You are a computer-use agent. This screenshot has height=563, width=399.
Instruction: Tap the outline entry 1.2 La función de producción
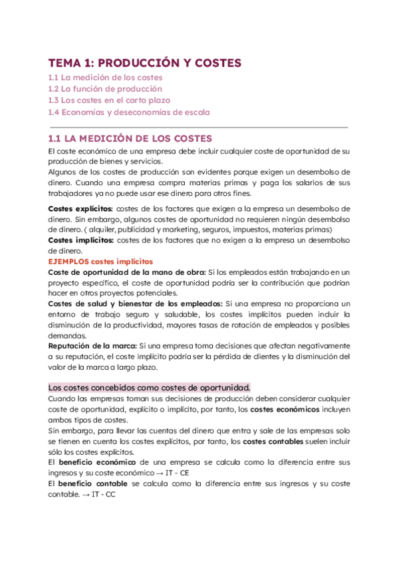(x=105, y=89)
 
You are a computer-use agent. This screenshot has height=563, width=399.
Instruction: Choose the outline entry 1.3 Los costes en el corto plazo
(x=109, y=100)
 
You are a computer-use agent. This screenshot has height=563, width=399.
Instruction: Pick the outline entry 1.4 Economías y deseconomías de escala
(x=129, y=112)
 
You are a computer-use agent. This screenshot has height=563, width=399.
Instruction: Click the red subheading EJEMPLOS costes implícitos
(x=100, y=262)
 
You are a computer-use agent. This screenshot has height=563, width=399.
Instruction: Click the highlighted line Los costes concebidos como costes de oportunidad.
(x=150, y=387)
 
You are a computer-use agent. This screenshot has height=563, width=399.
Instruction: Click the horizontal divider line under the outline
(x=198, y=126)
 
